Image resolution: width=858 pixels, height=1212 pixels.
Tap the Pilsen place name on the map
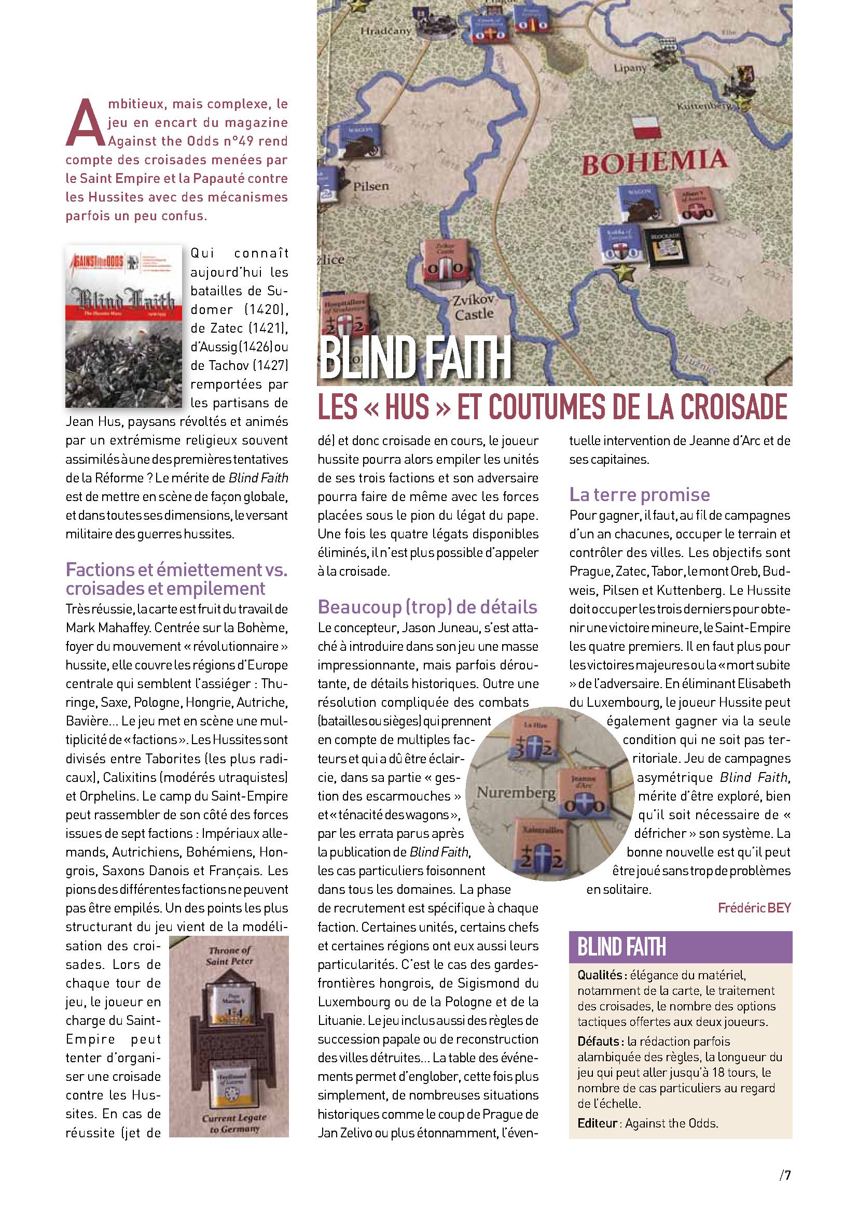click(371, 186)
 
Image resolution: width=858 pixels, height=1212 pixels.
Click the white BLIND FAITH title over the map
click(416, 358)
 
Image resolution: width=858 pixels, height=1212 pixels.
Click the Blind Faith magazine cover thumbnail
click(123, 326)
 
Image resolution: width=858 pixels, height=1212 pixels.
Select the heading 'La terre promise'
click(639, 495)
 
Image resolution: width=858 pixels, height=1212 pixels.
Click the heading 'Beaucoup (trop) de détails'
click(427, 607)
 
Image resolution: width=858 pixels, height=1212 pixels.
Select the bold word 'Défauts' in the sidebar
click(598, 1042)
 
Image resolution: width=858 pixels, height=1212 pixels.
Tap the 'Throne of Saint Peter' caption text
click(230, 956)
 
